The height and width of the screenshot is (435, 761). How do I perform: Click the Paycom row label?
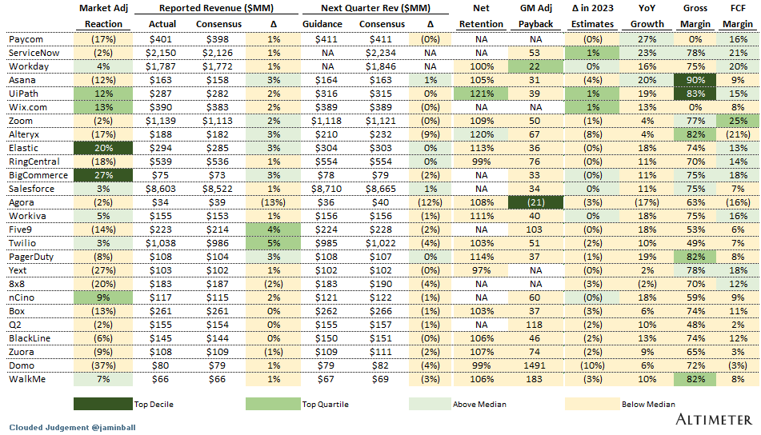(x=26, y=39)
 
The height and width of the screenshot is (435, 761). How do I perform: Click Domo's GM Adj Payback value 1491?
(x=535, y=365)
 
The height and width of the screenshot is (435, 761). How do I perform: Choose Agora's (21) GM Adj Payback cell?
(x=535, y=202)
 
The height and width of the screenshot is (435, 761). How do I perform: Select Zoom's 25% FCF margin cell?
(x=739, y=121)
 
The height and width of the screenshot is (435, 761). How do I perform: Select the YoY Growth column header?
(x=647, y=16)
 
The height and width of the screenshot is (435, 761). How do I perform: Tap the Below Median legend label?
(x=647, y=405)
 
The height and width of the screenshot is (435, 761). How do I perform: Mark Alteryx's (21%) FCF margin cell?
(x=739, y=134)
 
